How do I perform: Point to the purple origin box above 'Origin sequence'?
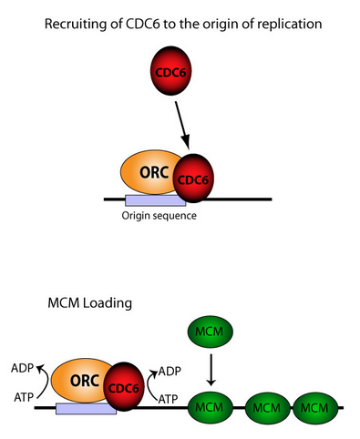pyautogui.click(x=155, y=199)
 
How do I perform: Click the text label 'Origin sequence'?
pyautogui.click(x=159, y=216)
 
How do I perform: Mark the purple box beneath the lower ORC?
pyautogui.click(x=85, y=409)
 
